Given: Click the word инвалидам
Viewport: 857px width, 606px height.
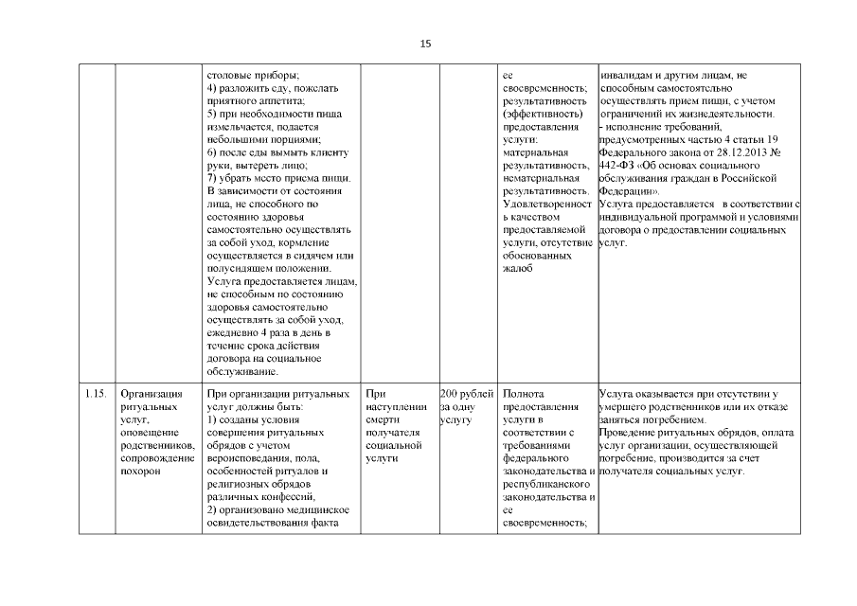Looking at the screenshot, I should [629, 74].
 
